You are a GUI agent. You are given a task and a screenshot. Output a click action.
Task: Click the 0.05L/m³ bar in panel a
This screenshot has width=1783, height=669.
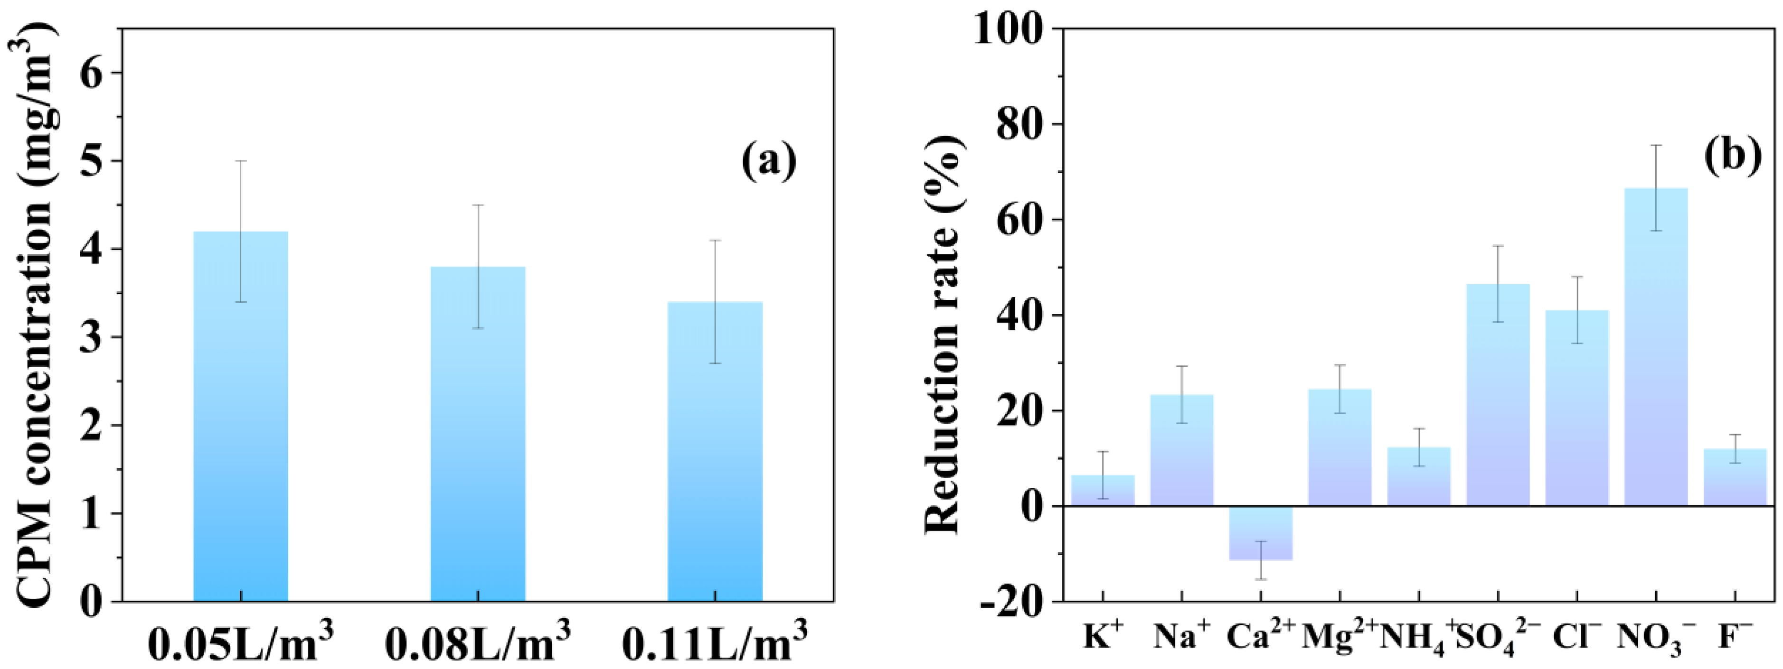240,415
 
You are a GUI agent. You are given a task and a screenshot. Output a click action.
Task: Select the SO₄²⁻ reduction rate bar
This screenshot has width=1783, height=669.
1498,394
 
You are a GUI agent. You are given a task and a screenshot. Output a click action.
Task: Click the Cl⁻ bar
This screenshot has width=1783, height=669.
1577,408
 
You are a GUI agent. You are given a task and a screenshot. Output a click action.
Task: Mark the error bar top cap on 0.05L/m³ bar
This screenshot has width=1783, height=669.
240,161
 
